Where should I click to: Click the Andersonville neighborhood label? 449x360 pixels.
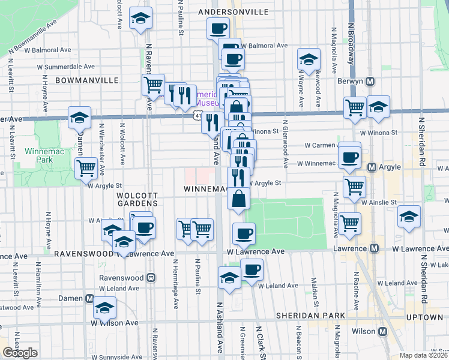point(234,11)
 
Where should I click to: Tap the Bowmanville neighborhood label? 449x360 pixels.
point(83,80)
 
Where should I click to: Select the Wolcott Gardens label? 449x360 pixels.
point(137,199)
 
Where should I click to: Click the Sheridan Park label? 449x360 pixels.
point(310,316)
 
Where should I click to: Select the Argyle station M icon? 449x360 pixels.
point(372,167)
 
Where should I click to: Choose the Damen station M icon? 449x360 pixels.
point(89,298)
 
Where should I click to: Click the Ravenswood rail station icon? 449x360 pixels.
point(150,278)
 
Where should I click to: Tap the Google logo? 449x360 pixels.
point(20,353)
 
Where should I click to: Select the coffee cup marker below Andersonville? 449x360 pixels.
point(218,28)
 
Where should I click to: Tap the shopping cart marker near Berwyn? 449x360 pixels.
point(355,107)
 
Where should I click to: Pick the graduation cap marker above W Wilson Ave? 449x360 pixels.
point(105,307)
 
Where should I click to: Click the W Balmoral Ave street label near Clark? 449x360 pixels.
point(265,46)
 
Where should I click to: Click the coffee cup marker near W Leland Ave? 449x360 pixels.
point(252,269)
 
